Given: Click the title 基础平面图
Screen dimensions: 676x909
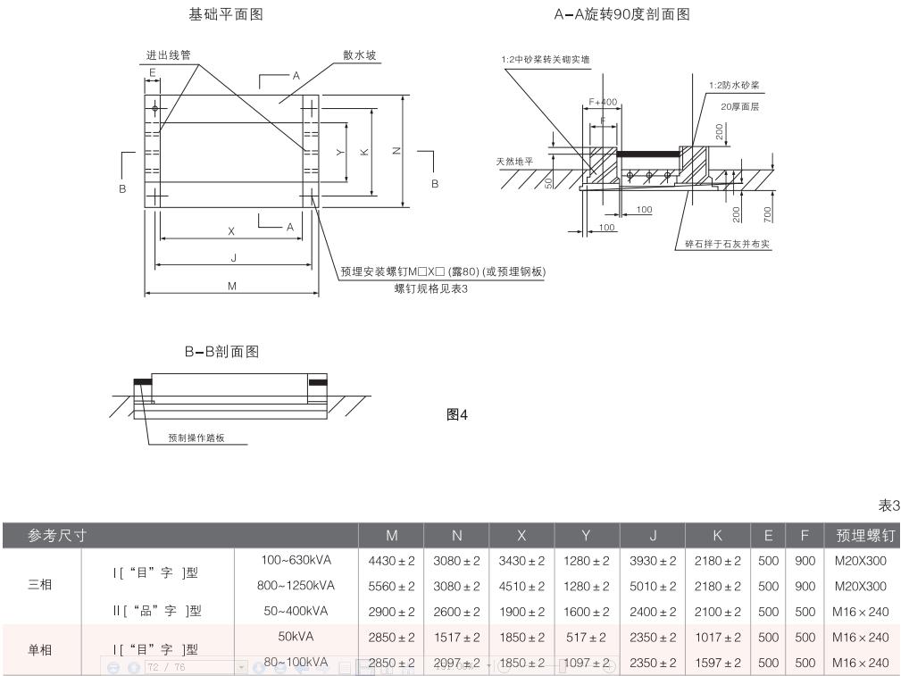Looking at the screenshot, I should tap(226, 15).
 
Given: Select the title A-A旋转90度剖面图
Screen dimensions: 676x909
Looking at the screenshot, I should tap(621, 15).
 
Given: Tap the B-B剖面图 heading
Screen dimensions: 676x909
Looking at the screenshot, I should tap(221, 352).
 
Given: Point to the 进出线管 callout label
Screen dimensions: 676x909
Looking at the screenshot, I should tap(169, 54).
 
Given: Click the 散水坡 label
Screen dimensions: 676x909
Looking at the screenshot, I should tap(360, 54).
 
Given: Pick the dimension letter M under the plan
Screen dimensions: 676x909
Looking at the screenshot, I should tap(231, 287).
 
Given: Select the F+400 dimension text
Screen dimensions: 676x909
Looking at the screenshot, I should tap(604, 102).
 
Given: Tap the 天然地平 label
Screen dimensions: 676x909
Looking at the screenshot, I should tap(514, 162).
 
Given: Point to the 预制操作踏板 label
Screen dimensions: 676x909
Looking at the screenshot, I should tap(196, 438).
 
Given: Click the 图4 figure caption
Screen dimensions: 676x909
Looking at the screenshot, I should tap(456, 414).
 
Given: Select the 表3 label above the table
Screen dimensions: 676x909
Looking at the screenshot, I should tap(889, 506).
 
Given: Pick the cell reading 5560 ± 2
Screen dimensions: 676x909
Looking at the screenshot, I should tap(391, 586).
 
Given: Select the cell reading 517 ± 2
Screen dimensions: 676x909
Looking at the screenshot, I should tap(587, 637).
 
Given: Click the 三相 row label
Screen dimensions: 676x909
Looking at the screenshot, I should tap(40, 586).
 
